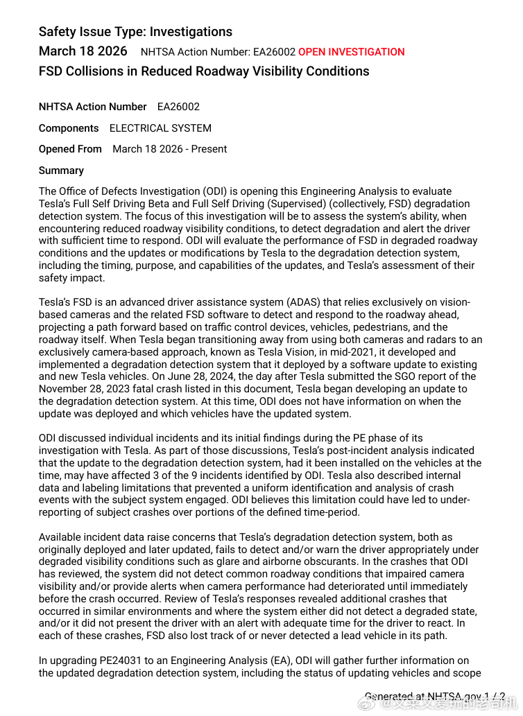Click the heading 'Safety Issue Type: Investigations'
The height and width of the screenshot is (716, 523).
tap(135, 32)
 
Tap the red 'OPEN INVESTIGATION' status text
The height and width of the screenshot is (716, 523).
tap(352, 52)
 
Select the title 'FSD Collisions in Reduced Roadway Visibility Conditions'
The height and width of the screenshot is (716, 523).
tap(204, 71)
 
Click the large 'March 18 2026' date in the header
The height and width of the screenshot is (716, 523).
tap(83, 51)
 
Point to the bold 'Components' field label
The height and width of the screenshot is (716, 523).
tap(69, 128)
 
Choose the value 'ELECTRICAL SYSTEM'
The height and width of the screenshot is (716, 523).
tap(160, 128)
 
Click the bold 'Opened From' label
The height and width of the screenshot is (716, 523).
tap(70, 149)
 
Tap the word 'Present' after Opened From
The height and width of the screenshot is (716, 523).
tap(208, 149)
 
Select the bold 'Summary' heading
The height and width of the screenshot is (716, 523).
tap(61, 171)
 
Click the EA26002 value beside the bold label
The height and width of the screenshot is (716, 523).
tap(178, 107)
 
